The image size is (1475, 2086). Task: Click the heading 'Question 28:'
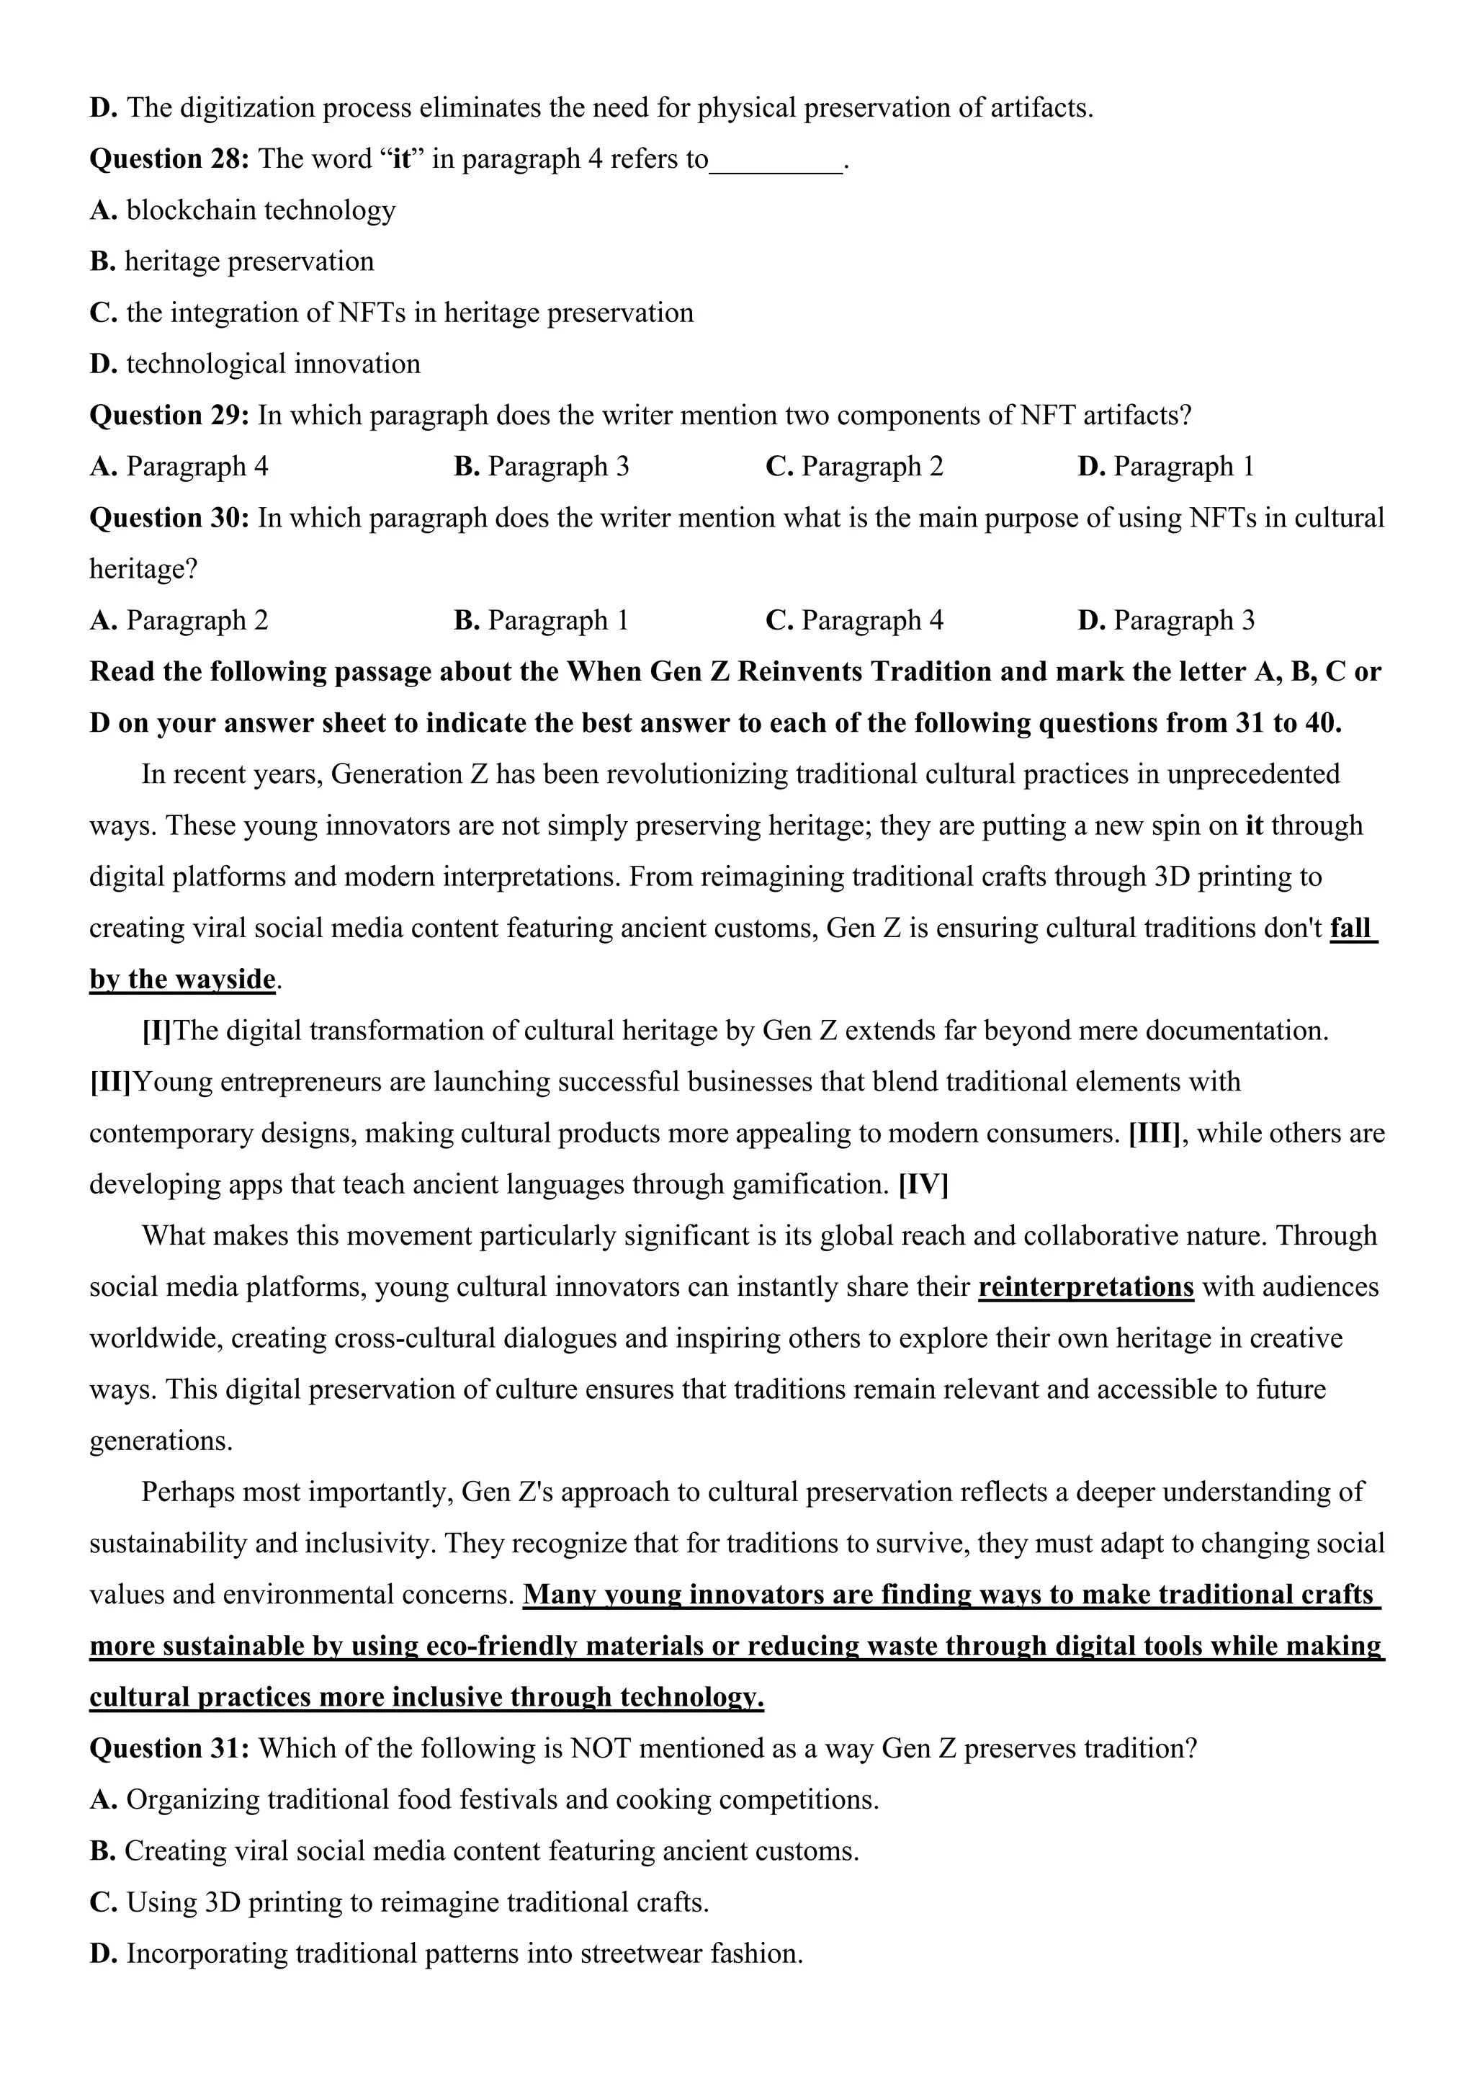169,159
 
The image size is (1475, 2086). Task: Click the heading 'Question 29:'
169,415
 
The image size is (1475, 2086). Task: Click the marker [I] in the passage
157,1031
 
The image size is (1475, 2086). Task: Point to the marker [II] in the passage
110,1082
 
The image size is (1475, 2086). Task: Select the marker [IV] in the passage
923,1185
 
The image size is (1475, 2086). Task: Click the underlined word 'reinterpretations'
1085,1287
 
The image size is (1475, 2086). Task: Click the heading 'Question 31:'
169,1749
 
